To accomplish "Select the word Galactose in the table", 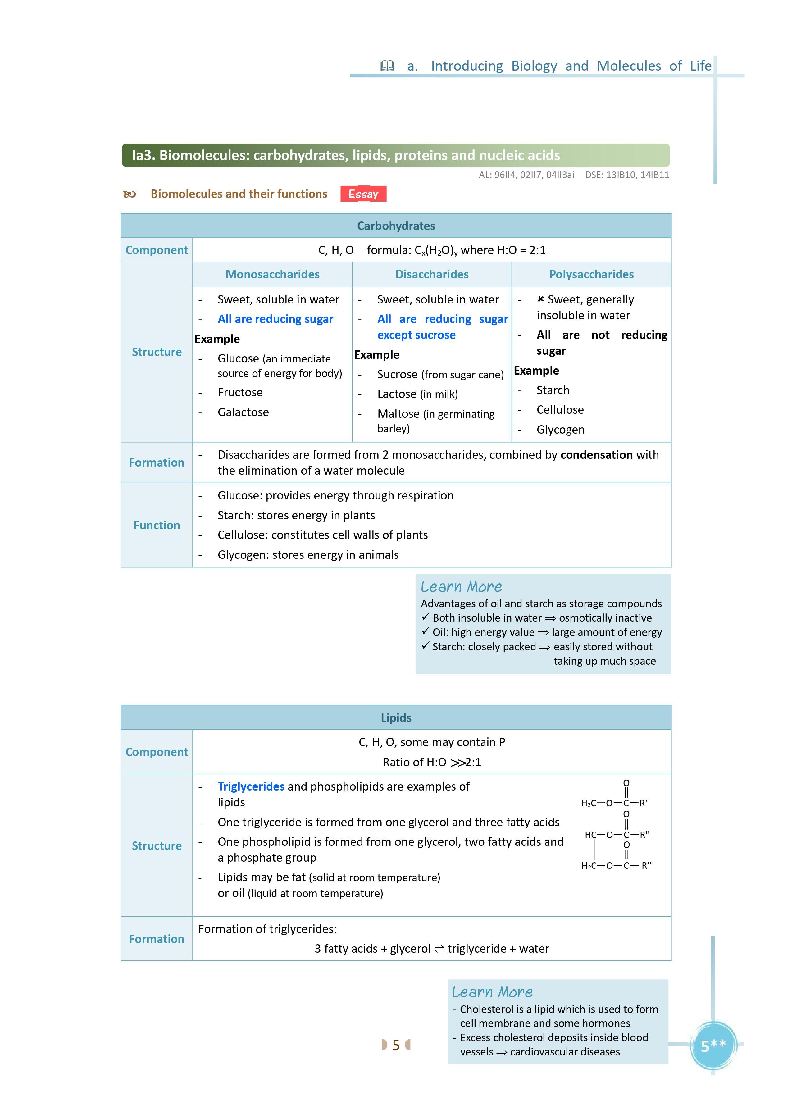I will (243, 412).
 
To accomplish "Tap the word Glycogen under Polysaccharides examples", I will (560, 430).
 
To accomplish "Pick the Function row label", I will (157, 525).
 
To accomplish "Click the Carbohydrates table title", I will (396, 226).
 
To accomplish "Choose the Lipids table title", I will (396, 718).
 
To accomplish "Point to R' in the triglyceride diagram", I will (643, 803).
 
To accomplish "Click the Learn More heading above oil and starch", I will (461, 587).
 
